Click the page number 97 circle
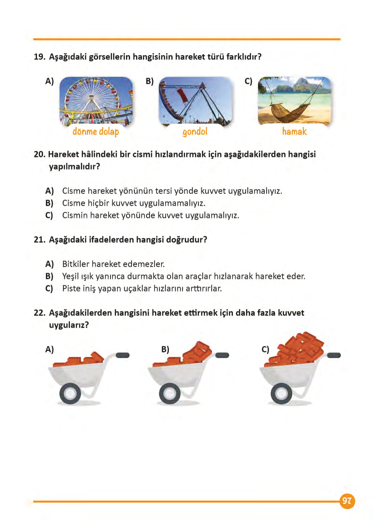pos(347,501)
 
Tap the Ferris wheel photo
pos(96,101)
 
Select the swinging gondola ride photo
pos(195,101)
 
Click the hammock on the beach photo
pos(294,101)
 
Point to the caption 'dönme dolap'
pos(96,132)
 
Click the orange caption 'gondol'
pos(195,132)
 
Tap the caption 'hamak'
pos(294,131)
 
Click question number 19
pos(39,57)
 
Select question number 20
pos(39,154)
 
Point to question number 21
pos(39,240)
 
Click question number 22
pos(39,313)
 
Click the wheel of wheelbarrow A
pos(70,394)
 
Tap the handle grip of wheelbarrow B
pos(222,355)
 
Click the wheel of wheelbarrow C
pos(281,394)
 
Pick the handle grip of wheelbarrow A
pos(122,355)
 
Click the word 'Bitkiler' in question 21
pos(76,264)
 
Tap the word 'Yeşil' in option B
pos(71,277)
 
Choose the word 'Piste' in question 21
pos(71,289)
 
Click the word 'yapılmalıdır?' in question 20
pos(74,167)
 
